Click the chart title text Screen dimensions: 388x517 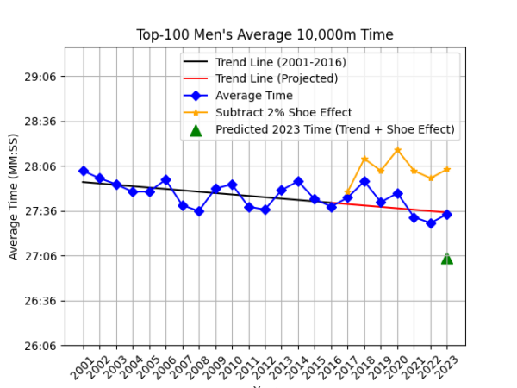[265, 35]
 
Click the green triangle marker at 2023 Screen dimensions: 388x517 [447, 259]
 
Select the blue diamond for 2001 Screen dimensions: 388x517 [84, 171]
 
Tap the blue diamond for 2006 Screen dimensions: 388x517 [166, 179]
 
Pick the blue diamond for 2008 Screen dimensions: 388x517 [199, 211]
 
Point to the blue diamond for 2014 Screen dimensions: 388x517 [298, 181]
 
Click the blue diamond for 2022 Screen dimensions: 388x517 [431, 223]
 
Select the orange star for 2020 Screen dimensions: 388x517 [397, 150]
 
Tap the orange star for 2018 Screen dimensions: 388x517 [364, 159]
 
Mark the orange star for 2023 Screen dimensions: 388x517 [447, 169]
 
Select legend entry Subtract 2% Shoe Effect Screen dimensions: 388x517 [283, 113]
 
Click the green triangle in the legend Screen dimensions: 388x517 [196, 130]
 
